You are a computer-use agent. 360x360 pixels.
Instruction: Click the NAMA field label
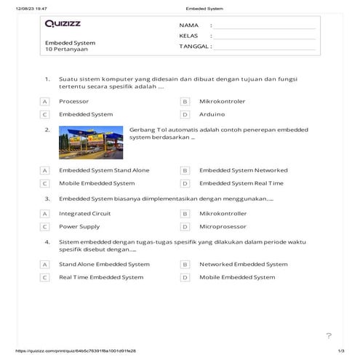[x=188, y=25]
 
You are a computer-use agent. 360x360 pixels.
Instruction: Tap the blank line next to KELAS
[x=265, y=36]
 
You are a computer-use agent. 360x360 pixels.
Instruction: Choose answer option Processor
[x=74, y=101]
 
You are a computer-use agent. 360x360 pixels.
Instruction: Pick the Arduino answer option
[x=212, y=114]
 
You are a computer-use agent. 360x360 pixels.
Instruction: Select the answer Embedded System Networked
[x=243, y=170]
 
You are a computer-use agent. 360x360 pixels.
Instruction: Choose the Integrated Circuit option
[x=85, y=214]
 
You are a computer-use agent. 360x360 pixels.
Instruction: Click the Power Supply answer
[x=79, y=227]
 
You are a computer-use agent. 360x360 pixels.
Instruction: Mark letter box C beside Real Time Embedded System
[x=44, y=277]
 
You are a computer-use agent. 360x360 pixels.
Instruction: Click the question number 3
[x=47, y=198]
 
